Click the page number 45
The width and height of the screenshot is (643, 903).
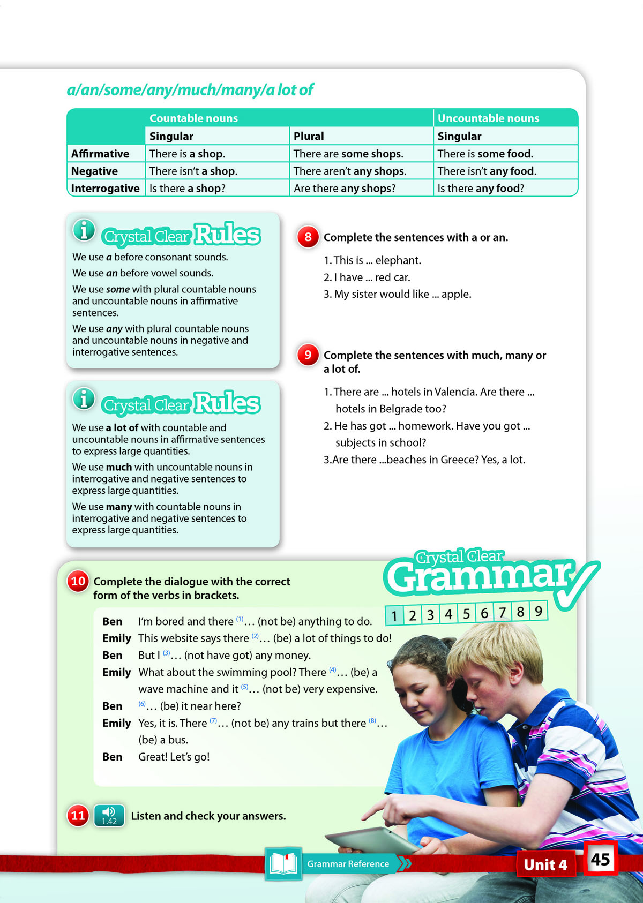[x=600, y=859]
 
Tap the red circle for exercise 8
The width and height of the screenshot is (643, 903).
[x=308, y=237]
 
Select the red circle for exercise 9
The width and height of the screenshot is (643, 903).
[x=308, y=355]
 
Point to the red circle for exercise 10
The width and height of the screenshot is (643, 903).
[x=78, y=581]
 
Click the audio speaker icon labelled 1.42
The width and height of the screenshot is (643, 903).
[x=109, y=815]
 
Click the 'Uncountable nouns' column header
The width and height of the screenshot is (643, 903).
[x=488, y=118]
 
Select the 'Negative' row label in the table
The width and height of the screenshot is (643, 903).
[x=95, y=171]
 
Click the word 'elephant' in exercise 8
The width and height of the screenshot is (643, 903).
[x=398, y=260]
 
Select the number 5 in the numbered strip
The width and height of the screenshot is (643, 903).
[x=467, y=613]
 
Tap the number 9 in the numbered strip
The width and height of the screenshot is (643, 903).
[x=538, y=611]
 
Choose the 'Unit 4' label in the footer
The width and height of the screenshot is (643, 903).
[x=545, y=864]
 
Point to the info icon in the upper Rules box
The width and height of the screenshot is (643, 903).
[x=84, y=230]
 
